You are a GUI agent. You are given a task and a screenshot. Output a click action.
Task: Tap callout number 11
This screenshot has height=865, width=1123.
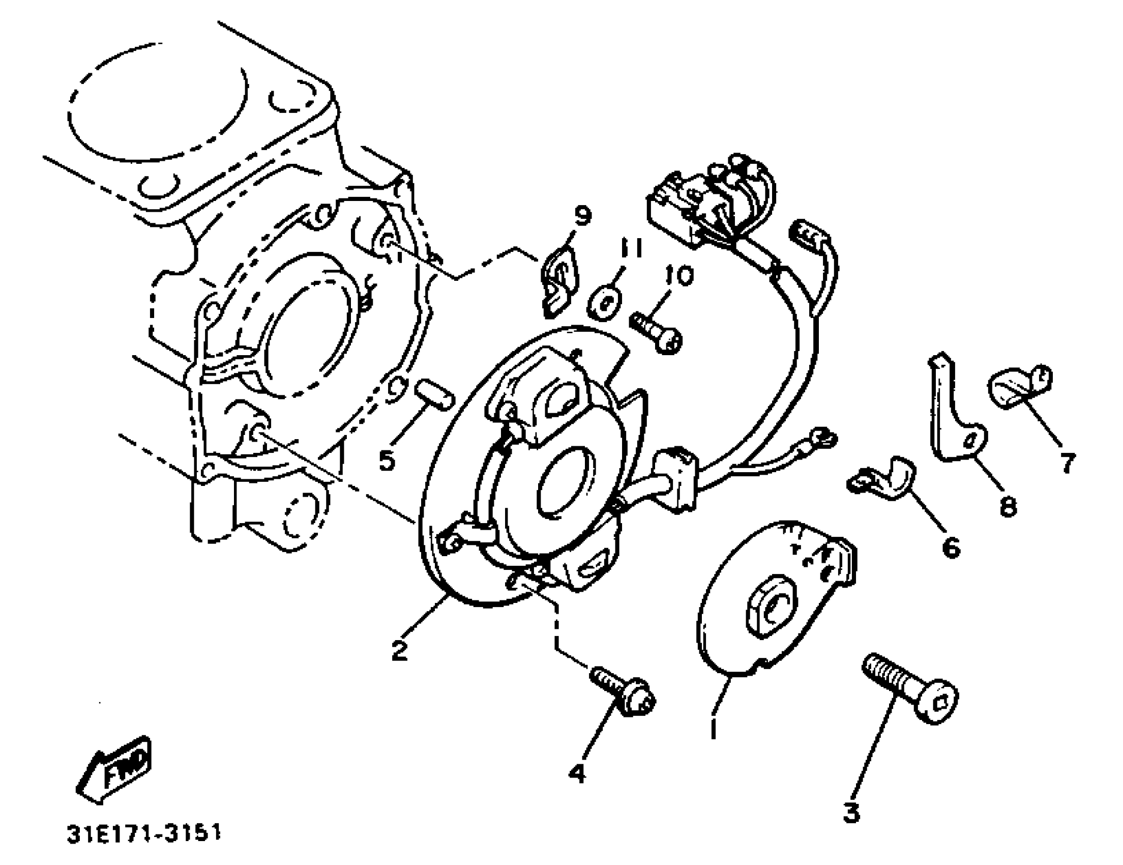coord(630,248)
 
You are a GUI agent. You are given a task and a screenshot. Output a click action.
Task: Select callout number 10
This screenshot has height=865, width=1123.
coord(679,276)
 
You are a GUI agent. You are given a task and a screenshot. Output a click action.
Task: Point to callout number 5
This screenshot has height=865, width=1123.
coord(387,459)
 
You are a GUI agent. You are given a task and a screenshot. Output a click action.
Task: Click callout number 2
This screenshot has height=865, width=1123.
coord(400,650)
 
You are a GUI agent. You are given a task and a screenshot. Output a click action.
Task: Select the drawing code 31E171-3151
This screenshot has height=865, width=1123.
coord(143,833)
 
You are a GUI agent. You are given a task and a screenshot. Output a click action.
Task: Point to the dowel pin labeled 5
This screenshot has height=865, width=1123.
coord(434,393)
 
